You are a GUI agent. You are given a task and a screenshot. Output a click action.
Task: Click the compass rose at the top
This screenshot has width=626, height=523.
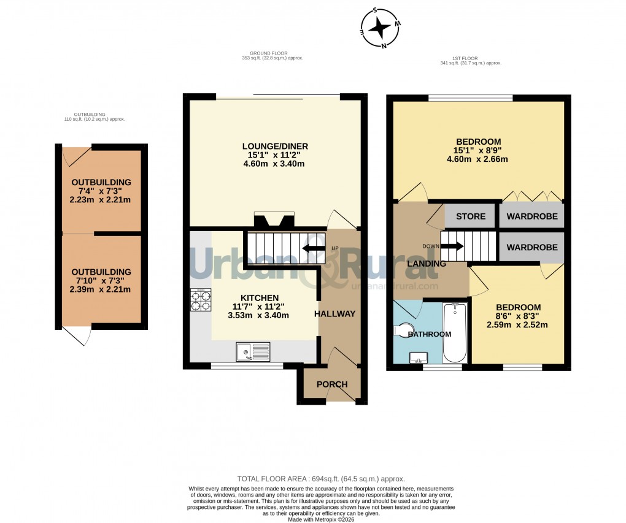[x=381, y=28]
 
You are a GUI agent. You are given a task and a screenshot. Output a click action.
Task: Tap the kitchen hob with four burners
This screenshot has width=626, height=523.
[x=201, y=299]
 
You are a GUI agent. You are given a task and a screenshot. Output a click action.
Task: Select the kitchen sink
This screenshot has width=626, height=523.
[x=253, y=352]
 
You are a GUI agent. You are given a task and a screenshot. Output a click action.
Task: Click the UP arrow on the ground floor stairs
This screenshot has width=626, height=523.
[x=313, y=248]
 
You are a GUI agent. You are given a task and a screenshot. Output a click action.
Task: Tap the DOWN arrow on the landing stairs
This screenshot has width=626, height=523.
[x=452, y=246]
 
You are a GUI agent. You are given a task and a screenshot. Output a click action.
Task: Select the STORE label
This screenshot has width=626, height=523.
[x=471, y=216]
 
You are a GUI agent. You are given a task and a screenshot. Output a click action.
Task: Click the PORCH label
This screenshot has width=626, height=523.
[x=332, y=384]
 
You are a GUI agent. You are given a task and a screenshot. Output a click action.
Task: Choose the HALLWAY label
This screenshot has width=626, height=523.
[x=335, y=314]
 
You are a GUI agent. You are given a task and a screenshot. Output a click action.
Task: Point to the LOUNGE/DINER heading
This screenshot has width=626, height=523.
[x=275, y=146]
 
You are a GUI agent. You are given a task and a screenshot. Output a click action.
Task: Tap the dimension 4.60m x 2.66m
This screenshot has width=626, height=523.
[x=477, y=159]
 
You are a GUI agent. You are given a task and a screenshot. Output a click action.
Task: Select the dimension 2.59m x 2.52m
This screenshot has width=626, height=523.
[x=518, y=325]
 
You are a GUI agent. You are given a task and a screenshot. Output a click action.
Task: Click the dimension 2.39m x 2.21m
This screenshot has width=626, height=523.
[x=101, y=289]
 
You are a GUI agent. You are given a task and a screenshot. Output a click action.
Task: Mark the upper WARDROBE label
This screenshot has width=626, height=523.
[x=532, y=216]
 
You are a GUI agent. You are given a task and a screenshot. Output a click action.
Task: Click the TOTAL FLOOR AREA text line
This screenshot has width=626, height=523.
[x=321, y=479]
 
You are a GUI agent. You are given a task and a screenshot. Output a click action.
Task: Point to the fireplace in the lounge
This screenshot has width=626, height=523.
[x=274, y=220]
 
